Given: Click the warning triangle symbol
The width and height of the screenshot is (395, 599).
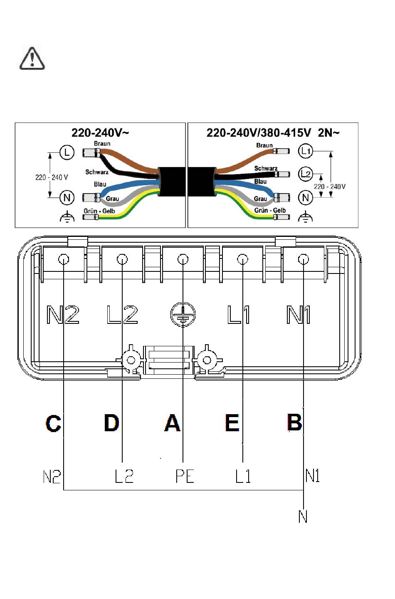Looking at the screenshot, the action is tap(32, 58).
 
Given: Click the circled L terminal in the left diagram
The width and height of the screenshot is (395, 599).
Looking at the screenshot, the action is tap(67, 153).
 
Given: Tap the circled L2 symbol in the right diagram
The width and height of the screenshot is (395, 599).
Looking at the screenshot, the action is tap(305, 174).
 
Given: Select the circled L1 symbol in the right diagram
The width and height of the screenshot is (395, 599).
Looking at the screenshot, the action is tap(305, 151).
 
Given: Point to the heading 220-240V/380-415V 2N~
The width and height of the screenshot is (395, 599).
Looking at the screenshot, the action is tap(273, 133).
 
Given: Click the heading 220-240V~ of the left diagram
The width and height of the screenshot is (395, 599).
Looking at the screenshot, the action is tap(100, 133).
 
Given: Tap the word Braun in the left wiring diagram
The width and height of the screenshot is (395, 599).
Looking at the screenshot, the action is tap(102, 144).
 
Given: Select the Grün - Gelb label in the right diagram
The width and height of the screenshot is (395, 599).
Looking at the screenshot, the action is tap(270, 211).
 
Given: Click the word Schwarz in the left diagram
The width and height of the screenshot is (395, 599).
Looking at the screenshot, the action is tap(97, 172).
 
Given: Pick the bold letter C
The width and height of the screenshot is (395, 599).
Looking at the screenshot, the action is tap(53, 423).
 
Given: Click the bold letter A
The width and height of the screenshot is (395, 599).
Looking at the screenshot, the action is tap(172, 423).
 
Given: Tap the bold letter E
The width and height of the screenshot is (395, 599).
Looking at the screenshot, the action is tap(232, 423).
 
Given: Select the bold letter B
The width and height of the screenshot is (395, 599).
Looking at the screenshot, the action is tap(294, 423).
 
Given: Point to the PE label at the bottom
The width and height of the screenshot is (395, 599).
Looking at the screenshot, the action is tap(185, 476).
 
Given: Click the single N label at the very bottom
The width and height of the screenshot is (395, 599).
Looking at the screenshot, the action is tap(303, 516).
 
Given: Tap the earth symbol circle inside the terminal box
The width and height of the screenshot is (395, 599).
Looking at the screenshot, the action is tap(183, 314).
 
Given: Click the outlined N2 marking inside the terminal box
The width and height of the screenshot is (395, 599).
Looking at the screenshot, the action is tap(63, 315).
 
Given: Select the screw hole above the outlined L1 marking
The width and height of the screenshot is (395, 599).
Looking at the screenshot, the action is tap(242, 259).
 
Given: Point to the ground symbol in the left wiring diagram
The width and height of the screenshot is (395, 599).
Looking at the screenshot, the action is tap(67, 216).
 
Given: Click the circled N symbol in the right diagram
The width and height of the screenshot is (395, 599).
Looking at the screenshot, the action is tap(305, 198).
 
